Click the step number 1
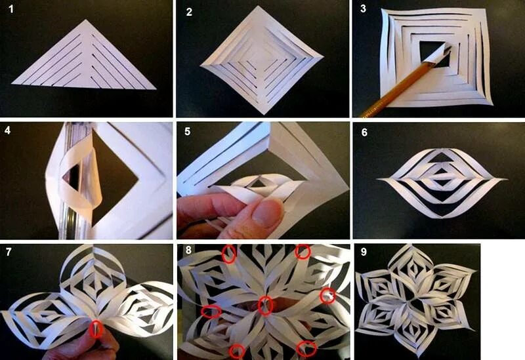coord(11,9)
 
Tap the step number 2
coord(189,12)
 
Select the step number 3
coord(364,9)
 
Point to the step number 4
coord(7,130)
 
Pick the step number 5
coord(188,132)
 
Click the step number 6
coord(364,132)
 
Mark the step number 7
coord(9,252)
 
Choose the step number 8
coord(188,250)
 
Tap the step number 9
coord(364,252)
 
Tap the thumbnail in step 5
coord(267,213)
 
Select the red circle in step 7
coord(96,329)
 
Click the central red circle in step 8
coord(266,306)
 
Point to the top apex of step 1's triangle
coord(85,20)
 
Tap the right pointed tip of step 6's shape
coord(505,179)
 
